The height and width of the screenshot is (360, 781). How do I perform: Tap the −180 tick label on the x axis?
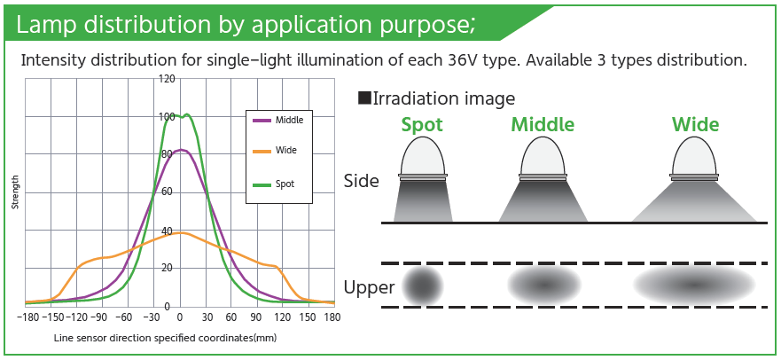[x=26, y=317]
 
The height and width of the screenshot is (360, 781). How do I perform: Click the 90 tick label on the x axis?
[x=256, y=317]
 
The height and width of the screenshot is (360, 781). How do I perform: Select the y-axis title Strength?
[x=15, y=192]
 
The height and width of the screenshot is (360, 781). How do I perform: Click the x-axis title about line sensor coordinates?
[x=165, y=338]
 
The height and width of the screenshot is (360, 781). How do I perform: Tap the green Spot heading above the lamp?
[x=421, y=125]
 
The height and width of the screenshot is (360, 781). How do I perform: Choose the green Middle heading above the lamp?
[x=543, y=124]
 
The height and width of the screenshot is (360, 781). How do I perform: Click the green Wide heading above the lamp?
[x=695, y=124]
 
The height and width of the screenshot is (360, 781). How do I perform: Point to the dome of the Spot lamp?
[x=423, y=155]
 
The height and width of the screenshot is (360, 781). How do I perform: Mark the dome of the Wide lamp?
[x=694, y=155]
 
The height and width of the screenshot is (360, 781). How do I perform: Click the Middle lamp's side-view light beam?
[x=543, y=200]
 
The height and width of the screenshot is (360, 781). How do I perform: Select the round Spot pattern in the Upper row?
[x=423, y=286]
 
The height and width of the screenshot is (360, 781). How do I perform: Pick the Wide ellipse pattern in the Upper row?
[x=694, y=285]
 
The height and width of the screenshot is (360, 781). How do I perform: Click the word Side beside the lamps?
[x=362, y=181]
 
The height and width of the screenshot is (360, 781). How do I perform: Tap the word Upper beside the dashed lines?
[x=369, y=288]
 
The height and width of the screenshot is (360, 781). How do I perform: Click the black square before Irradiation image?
[x=364, y=98]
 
